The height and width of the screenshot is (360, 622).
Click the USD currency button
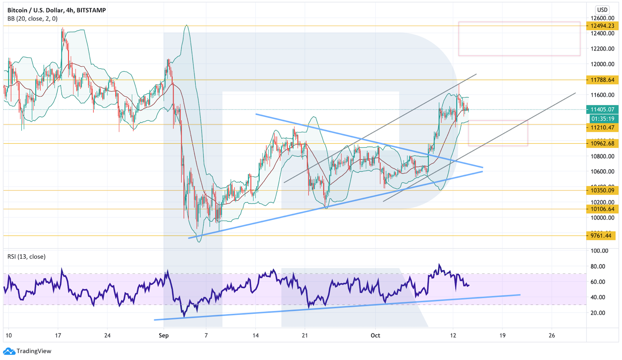(602, 10)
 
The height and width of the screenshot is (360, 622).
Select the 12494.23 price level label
(602, 26)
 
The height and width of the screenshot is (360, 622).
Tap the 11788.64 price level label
(602, 80)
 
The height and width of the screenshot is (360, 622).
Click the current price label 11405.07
(602, 110)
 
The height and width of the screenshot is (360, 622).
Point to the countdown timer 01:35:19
(602, 118)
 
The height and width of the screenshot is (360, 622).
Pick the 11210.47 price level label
(602, 127)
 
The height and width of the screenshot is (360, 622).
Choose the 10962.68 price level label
(602, 143)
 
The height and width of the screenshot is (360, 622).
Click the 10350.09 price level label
(602, 190)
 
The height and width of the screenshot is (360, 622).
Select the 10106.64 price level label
(602, 209)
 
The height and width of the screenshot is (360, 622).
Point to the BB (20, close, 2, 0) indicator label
(32, 19)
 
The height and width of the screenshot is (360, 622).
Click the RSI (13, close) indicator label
(26, 256)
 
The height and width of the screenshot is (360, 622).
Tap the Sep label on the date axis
(164, 336)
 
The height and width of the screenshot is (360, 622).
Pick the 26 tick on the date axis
(552, 336)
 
